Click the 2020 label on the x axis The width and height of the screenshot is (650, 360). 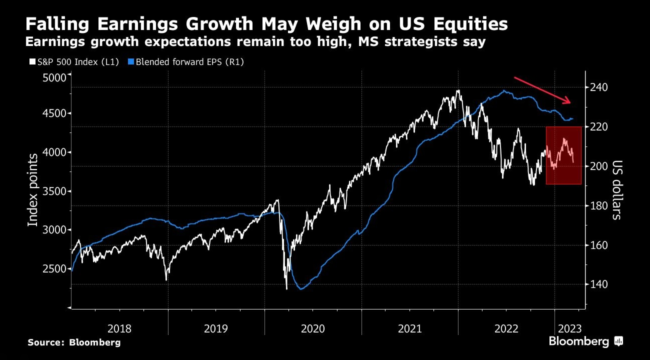312,328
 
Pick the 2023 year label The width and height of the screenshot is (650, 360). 569,328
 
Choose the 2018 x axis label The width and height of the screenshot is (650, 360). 119,328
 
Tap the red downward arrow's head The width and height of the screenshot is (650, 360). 568,102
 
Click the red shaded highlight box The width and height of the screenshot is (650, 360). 563,155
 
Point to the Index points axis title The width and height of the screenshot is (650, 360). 33,190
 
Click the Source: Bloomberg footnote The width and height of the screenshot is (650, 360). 74,342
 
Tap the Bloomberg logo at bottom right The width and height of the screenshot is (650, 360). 585,342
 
